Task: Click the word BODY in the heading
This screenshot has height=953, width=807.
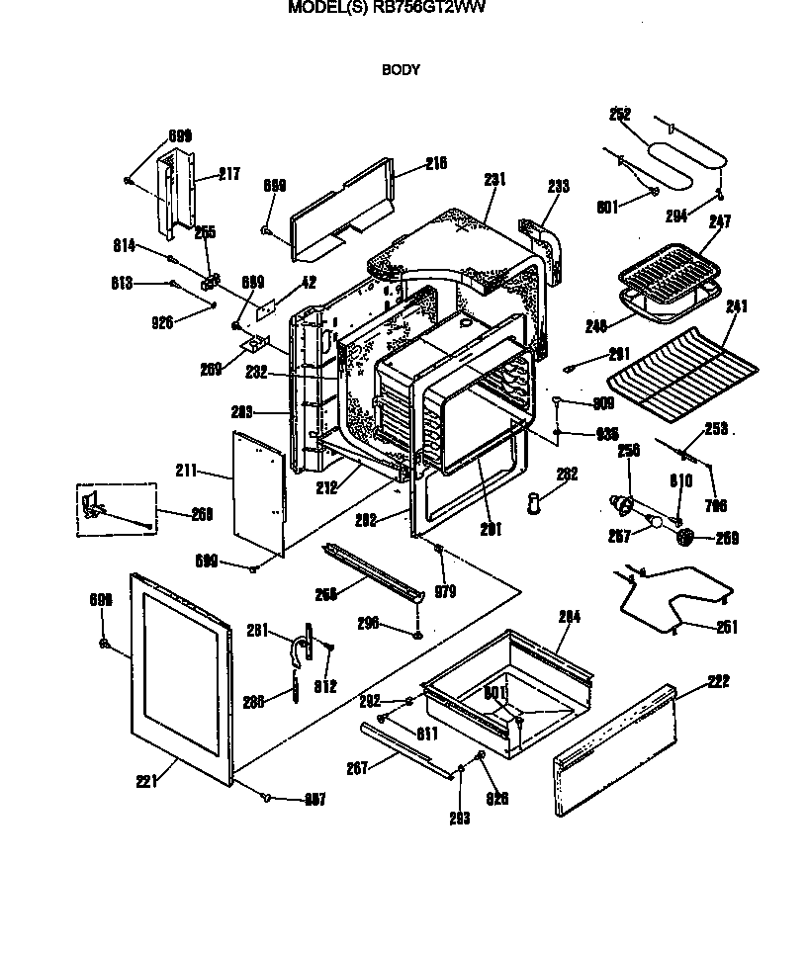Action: click(401, 70)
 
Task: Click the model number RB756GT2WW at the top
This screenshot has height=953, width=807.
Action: click(428, 7)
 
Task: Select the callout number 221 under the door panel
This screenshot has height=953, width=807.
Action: click(146, 783)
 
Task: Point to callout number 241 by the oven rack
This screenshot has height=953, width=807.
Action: click(737, 305)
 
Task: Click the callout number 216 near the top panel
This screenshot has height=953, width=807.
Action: click(436, 163)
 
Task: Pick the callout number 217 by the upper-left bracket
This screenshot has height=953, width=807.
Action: click(228, 174)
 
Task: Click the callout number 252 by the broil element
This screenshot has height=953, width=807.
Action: click(620, 116)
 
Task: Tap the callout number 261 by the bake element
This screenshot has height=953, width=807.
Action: click(727, 627)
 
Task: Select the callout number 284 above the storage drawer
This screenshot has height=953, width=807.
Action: click(569, 616)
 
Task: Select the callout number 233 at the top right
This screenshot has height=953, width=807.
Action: click(559, 185)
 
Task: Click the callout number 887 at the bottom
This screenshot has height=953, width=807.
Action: click(314, 799)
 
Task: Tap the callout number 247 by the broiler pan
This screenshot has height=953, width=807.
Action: click(719, 223)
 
